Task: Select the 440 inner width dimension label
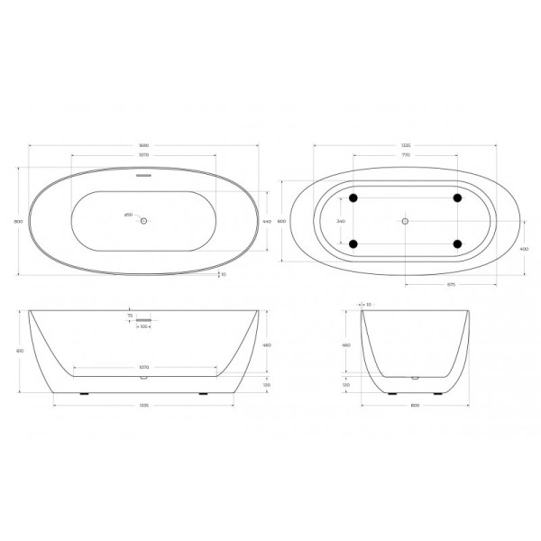click(267, 222)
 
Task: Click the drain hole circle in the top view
click(142, 218)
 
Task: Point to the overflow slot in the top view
click(142, 177)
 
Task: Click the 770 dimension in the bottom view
click(405, 155)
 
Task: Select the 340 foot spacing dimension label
click(339, 220)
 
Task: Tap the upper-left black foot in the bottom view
click(353, 197)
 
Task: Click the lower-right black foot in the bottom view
click(457, 243)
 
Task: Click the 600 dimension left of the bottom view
click(281, 221)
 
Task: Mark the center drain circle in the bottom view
click(405, 221)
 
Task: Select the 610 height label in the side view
click(20, 351)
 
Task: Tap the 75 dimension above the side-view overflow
click(130, 316)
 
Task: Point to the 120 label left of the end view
click(346, 384)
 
